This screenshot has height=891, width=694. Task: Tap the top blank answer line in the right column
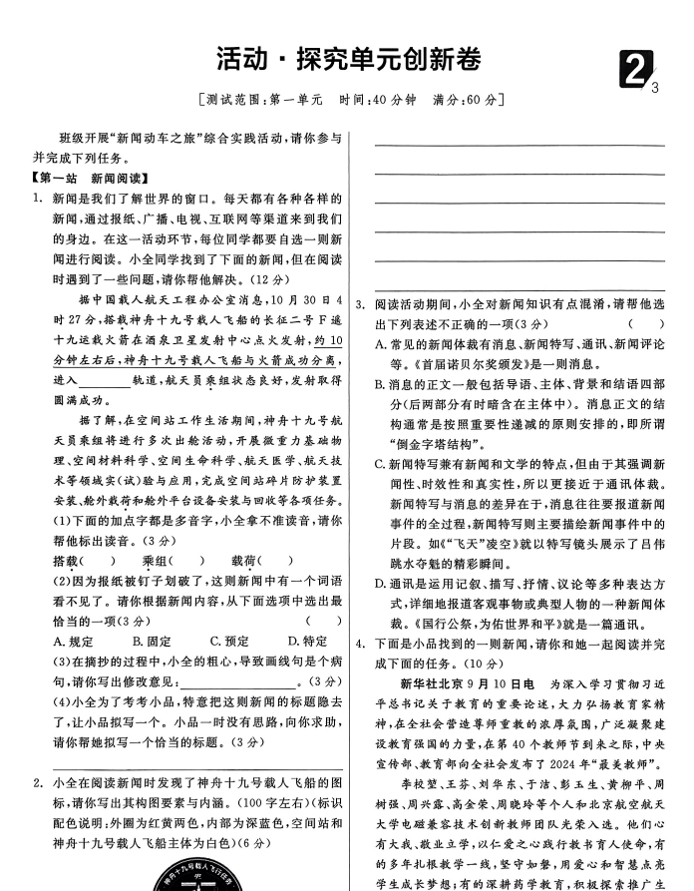click(x=519, y=146)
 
